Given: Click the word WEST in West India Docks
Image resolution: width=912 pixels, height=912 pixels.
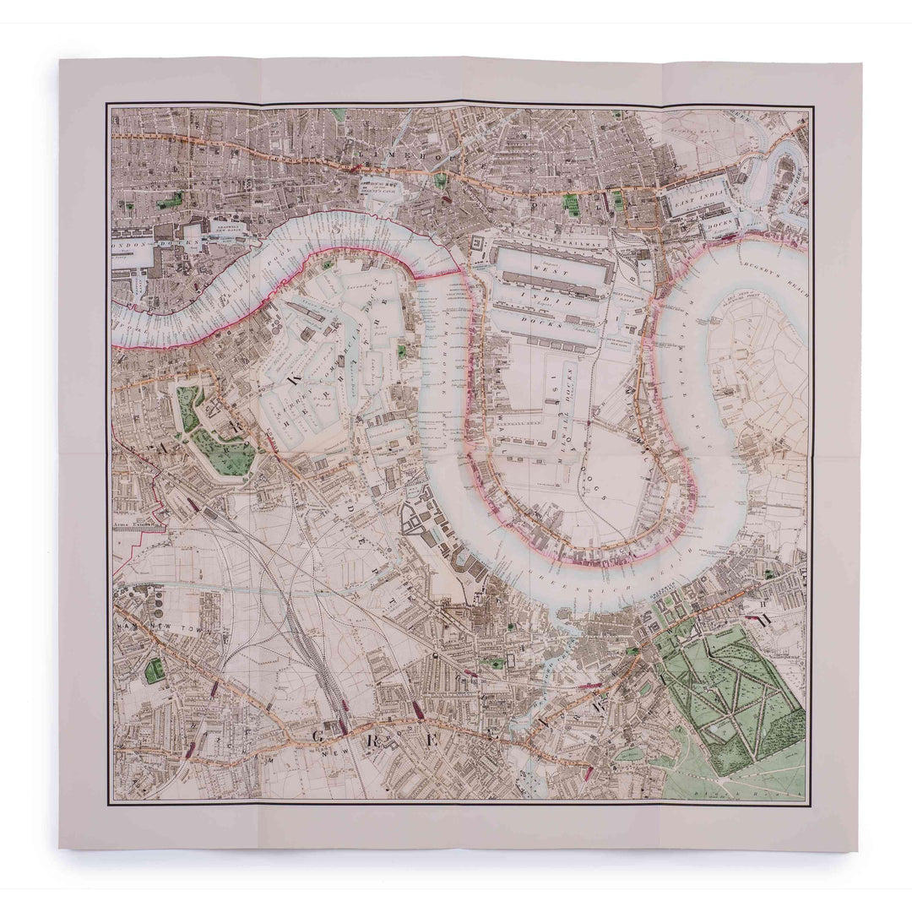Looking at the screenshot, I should [542, 264].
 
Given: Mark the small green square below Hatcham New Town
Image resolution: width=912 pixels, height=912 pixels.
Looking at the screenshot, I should [154, 671].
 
